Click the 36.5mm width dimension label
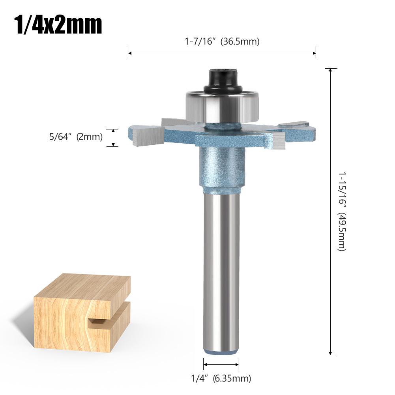(x=222, y=41)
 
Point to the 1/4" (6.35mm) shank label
(x=221, y=378)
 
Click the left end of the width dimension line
(x=129, y=52)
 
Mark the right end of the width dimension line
(x=315, y=52)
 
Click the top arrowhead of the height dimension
(x=331, y=70)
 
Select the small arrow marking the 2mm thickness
(x=113, y=138)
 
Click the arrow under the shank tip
(x=221, y=364)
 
